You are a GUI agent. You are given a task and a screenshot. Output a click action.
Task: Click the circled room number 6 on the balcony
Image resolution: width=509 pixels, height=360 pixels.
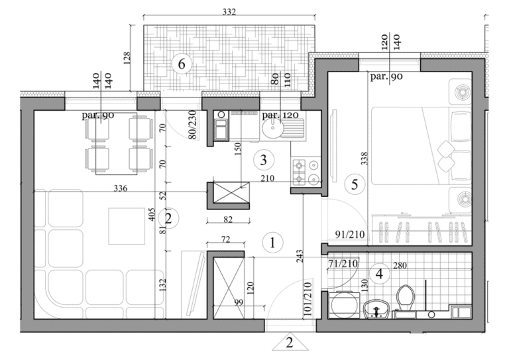pos(181,64)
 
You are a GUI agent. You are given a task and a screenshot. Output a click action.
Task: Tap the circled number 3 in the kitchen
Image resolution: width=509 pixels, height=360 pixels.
pos(264,160)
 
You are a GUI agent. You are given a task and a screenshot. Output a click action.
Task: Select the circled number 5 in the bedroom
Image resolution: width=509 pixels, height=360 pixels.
pos(354,185)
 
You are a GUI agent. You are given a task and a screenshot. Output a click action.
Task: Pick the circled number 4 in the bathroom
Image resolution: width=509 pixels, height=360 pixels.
pos(379,272)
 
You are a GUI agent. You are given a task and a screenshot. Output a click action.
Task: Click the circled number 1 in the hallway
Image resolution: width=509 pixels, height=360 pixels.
pos(272,243)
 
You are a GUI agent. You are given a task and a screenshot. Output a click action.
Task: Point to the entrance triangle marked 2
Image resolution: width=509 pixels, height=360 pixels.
pos(289,343)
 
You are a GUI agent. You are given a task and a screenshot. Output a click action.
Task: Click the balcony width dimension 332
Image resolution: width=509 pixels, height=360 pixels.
pos(229,12)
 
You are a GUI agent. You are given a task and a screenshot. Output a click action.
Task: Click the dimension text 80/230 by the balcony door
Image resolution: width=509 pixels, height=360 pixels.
pos(192,126)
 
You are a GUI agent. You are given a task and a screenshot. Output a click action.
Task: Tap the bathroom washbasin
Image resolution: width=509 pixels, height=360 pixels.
pos(375,308)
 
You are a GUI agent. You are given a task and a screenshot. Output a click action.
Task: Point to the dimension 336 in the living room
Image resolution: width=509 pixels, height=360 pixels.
pos(121,188)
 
